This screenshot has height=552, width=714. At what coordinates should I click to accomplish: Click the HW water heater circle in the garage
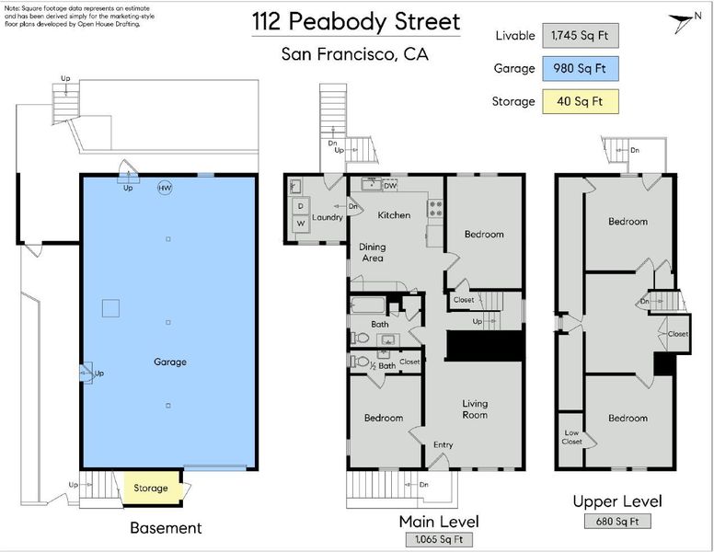(165, 188)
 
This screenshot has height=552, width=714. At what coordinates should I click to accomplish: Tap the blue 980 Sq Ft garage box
(580, 69)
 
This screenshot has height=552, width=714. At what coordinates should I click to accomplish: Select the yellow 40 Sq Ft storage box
(580, 101)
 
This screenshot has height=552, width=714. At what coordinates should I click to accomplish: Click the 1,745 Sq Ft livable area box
(580, 36)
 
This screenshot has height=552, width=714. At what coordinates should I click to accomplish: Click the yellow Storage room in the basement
(151, 488)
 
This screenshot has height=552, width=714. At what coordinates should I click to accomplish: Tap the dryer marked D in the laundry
(301, 206)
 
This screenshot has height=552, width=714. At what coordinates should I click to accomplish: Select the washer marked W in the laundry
(301, 224)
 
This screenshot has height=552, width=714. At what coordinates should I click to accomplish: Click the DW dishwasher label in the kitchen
(390, 186)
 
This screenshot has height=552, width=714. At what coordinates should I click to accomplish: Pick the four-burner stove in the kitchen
(435, 209)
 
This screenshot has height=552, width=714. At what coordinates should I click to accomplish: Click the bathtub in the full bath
(367, 305)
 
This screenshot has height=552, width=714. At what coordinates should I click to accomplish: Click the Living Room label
(475, 409)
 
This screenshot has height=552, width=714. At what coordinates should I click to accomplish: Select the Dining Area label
(373, 252)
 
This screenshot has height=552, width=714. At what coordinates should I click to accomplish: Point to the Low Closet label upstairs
(571, 437)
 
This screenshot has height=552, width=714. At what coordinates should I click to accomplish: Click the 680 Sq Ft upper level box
(617, 521)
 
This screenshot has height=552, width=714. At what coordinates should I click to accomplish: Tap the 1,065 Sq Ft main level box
(439, 540)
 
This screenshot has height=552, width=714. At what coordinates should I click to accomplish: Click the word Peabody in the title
(339, 21)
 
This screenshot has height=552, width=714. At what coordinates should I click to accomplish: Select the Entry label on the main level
(443, 445)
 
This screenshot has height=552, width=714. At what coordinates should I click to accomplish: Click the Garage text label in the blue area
(170, 362)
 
